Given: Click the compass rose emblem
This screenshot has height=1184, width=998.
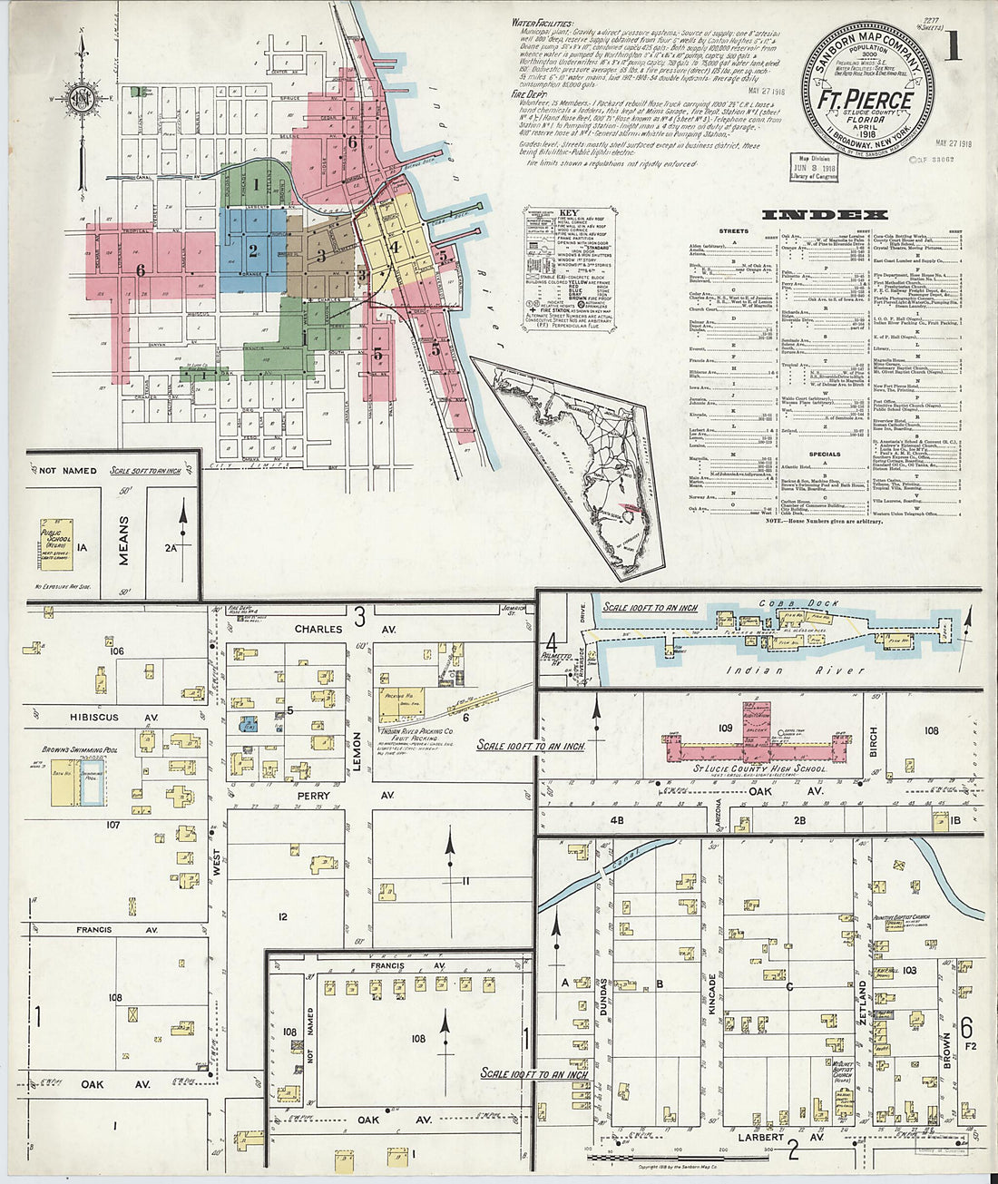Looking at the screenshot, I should point(83,100).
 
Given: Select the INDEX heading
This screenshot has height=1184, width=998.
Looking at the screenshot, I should point(825,215).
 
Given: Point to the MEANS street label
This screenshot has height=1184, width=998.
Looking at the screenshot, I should point(123,540).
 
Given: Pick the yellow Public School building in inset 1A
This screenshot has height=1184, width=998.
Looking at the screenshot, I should point(56,544).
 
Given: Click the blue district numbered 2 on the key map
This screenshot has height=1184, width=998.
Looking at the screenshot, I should point(253,249).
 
